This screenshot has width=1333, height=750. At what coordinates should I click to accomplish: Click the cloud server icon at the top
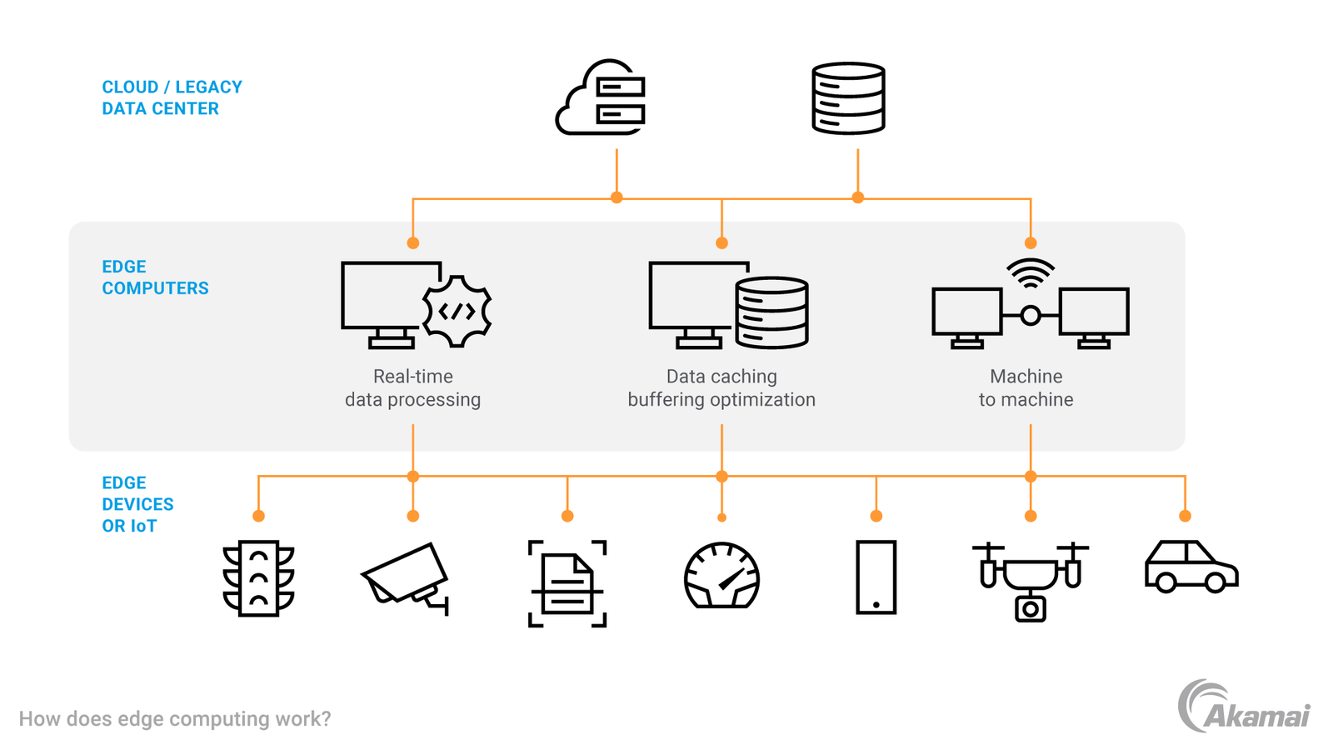(601, 97)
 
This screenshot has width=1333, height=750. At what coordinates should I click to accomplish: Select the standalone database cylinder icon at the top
(848, 97)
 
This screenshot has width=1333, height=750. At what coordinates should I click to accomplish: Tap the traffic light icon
(258, 578)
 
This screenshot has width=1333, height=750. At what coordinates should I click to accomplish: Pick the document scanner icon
(567, 582)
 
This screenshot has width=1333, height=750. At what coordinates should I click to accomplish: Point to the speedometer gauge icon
(721, 576)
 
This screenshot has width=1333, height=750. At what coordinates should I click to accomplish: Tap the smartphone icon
(876, 577)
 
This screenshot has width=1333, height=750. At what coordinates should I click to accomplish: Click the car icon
(1191, 567)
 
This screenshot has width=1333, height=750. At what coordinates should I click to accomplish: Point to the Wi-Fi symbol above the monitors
(1031, 273)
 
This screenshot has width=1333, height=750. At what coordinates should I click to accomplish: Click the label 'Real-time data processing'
(412, 387)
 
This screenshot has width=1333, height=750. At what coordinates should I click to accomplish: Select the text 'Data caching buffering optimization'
(721, 387)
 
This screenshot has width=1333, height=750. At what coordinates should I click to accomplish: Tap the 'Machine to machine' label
(1026, 387)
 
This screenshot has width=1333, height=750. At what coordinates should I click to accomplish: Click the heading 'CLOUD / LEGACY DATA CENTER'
(172, 97)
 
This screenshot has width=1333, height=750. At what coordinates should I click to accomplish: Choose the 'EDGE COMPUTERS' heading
(155, 277)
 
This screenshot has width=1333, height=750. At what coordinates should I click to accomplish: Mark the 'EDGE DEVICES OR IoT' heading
(137, 504)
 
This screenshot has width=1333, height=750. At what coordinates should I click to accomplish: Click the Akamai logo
(1243, 707)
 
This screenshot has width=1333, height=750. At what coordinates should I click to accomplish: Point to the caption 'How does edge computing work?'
(175, 718)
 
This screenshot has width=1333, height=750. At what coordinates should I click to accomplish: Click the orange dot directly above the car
(1185, 516)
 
